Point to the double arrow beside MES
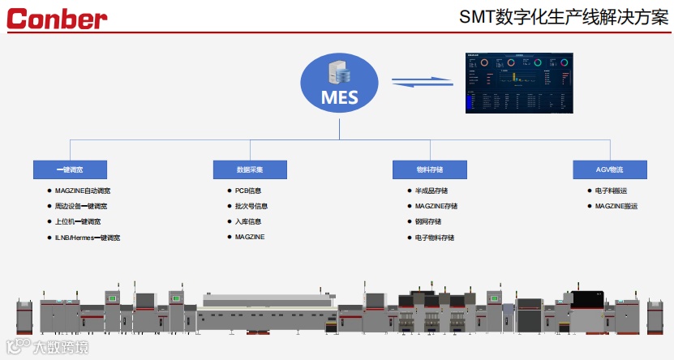(x=422, y=81)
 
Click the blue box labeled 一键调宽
(x=70, y=169)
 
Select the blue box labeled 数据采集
(x=250, y=169)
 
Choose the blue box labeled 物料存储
(x=430, y=169)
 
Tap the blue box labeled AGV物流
(x=610, y=169)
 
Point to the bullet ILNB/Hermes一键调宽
(x=88, y=238)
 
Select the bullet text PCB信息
(x=248, y=191)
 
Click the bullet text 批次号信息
(x=251, y=207)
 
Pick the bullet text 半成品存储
(x=431, y=191)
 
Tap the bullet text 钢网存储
(x=428, y=222)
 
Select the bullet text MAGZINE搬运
(x=616, y=207)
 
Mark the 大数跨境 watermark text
(x=60, y=349)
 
